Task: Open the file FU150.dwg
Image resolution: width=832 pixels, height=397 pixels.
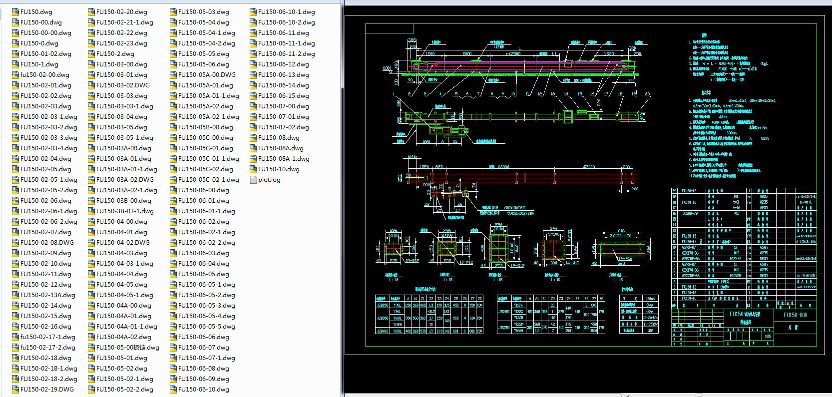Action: pos(36,12)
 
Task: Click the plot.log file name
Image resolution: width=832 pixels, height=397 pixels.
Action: pos(269,180)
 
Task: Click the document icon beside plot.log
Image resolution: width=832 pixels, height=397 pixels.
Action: pos(253,180)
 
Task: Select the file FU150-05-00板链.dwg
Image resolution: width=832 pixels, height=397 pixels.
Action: pos(127,348)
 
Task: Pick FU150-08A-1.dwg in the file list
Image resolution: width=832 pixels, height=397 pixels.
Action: pos(284,159)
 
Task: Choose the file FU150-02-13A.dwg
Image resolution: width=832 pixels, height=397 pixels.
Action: pos(47,295)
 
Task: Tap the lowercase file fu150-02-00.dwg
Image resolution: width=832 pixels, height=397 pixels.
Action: pos(44,75)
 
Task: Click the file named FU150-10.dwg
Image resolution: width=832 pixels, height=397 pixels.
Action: pos(279,169)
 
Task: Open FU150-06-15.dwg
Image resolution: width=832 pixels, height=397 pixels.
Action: pos(283,96)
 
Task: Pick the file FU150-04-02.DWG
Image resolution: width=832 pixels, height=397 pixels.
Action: pos(123,243)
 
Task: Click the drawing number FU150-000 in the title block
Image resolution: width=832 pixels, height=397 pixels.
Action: pos(795,315)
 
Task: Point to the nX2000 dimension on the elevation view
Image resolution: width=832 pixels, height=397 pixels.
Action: pos(513,54)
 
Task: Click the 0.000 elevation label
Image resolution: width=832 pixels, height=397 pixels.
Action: pos(387,68)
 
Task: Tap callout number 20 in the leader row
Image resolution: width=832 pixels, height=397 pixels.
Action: pos(647,94)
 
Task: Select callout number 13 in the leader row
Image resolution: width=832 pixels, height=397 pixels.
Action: pos(552,94)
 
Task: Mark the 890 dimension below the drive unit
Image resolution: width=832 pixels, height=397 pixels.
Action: pos(426,142)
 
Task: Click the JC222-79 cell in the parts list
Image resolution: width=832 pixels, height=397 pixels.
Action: pos(690,213)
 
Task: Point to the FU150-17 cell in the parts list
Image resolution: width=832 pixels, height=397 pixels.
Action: pos(689,191)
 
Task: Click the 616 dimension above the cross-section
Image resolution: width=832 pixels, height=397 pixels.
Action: pos(621,231)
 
